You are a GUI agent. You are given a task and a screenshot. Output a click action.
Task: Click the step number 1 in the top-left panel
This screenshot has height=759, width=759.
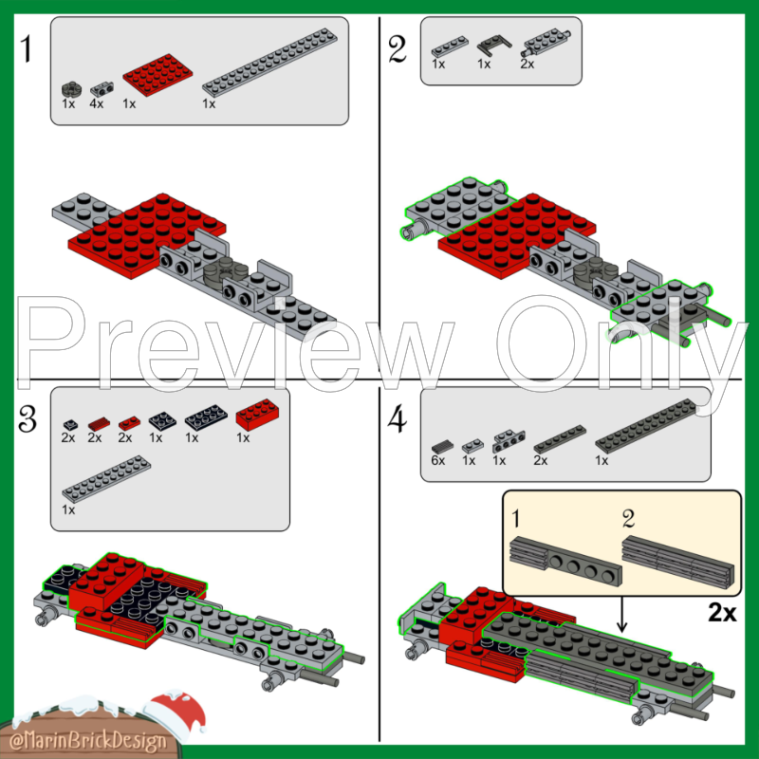pyautogui.click(x=28, y=49)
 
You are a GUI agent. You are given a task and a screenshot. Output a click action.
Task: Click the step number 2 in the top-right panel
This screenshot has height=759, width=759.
pyautogui.click(x=398, y=49)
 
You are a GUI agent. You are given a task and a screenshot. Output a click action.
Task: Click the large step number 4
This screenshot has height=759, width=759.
pyautogui.click(x=398, y=418)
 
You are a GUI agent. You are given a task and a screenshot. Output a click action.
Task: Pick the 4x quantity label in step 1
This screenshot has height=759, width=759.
pyautogui.click(x=97, y=103)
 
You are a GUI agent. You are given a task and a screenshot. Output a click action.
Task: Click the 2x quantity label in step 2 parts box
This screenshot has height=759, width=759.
pyautogui.click(x=528, y=64)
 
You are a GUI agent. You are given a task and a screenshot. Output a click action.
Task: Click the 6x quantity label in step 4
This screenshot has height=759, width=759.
pyautogui.click(x=437, y=460)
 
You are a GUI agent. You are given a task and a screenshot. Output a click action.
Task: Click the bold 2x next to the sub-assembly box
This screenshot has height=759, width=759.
pyautogui.click(x=722, y=612)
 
